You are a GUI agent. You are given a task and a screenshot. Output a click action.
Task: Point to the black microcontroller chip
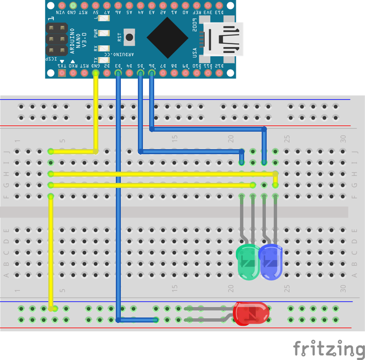[168, 37]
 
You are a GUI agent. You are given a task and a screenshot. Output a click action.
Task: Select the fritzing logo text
[329, 349]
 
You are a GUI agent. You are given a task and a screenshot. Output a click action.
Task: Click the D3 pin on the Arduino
[118, 73]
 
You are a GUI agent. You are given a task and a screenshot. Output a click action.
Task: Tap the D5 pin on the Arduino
[141, 73]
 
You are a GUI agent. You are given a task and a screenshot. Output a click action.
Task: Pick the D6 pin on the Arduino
[152, 73]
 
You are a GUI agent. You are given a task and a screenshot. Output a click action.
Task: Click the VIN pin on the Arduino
[62, 5]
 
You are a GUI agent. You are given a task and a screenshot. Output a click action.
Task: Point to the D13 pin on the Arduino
[219, 5]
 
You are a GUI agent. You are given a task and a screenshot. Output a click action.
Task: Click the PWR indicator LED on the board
[104, 34]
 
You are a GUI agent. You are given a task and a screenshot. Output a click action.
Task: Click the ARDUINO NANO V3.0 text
[78, 39]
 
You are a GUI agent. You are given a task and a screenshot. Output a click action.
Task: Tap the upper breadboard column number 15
[174, 138]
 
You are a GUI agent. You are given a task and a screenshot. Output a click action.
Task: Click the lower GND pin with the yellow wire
[96, 73]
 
